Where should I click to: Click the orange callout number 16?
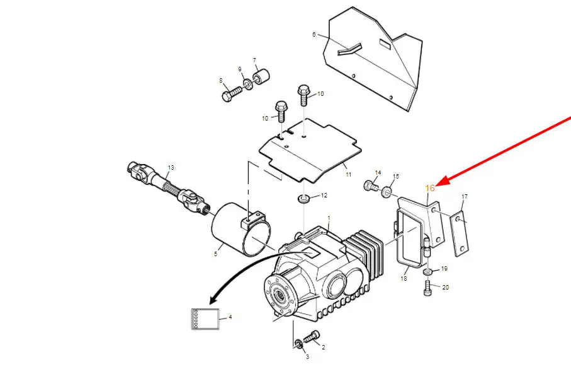tap(430, 188)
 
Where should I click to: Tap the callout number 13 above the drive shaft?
tap(171, 168)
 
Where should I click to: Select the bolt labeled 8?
tap(231, 94)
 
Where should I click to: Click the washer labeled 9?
tap(248, 85)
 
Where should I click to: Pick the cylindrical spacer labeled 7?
tap(261, 76)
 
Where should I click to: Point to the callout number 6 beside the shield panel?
tap(314, 34)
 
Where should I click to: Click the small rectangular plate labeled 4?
tap(205, 319)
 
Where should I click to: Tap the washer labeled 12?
tap(303, 199)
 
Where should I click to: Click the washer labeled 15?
tap(387, 192)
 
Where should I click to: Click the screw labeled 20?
tap(428, 287)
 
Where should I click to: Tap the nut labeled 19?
tap(428, 272)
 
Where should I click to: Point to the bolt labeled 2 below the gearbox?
tap(311, 336)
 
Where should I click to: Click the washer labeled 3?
tap(298, 343)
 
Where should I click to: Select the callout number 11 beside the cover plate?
tap(349, 175)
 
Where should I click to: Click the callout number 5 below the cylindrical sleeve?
tap(215, 254)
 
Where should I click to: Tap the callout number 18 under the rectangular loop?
tap(404, 278)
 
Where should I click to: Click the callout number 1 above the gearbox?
tap(329, 218)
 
